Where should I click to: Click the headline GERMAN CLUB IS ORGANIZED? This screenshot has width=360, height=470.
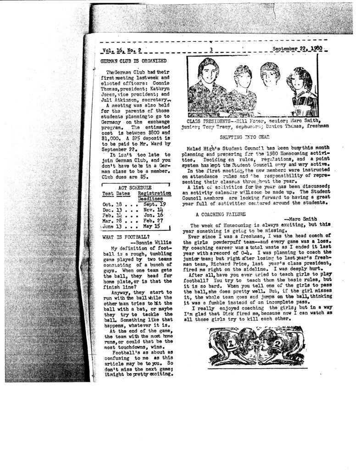[x=133, y=61]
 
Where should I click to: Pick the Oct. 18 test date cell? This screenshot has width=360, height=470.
[x=110, y=204]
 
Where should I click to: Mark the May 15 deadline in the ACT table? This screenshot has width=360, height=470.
[x=151, y=226]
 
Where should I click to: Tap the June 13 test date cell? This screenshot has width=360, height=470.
[x=110, y=226]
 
